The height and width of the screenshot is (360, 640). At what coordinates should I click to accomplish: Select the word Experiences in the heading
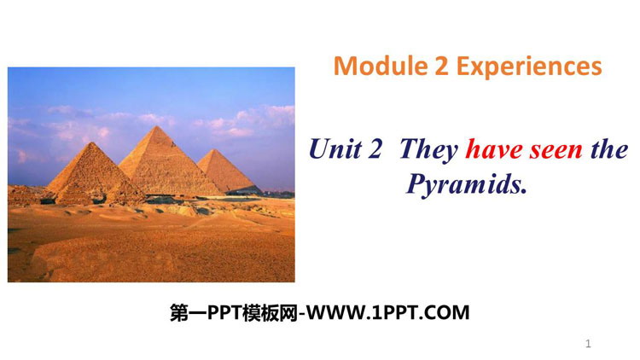529,67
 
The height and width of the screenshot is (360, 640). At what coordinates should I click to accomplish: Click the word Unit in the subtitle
335,148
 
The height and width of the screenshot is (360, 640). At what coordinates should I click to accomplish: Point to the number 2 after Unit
375,149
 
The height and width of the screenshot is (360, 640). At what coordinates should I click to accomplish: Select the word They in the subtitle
429,150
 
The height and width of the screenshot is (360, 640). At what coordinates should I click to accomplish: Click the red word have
494,149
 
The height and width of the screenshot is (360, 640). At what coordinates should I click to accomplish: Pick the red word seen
556,151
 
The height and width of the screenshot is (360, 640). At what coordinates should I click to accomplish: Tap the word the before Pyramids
609,149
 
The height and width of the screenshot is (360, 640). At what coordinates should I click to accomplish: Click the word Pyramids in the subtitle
463,185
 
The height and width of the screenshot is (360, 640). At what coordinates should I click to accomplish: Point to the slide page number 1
588,344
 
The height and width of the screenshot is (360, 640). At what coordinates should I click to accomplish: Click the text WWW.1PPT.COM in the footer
387,313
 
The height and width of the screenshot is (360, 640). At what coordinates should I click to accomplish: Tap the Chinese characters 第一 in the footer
189,313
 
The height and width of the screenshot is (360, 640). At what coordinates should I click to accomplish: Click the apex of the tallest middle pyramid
155,126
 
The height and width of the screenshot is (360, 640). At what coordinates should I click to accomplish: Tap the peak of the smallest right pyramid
213,150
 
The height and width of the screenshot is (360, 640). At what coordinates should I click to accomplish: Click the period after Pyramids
524,191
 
